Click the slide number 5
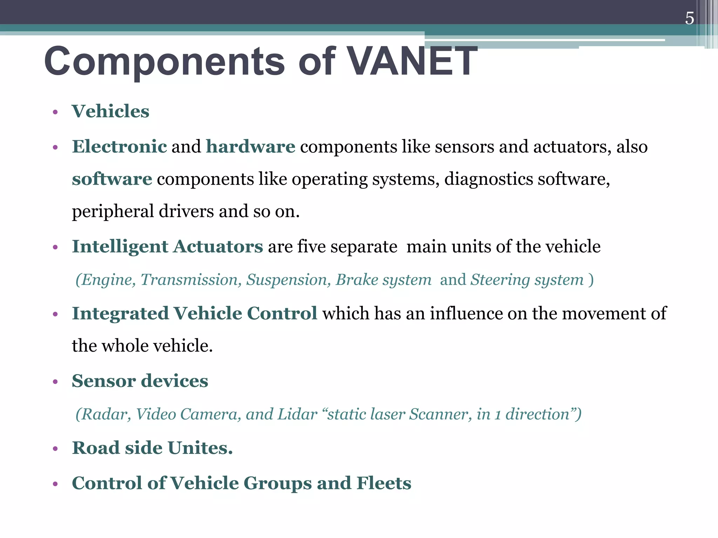pyautogui.click(x=689, y=18)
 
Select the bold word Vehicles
pyautogui.click(x=110, y=111)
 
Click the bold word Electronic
pyautogui.click(x=119, y=146)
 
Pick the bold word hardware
pyautogui.click(x=250, y=146)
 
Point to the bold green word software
pyautogui.click(x=112, y=179)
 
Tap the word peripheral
pyautogui.click(x=113, y=212)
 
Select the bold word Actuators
pyautogui.click(x=218, y=246)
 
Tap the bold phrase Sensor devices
pyautogui.click(x=140, y=381)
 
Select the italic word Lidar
pyautogui.click(x=297, y=414)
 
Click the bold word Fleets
pyautogui.click(x=384, y=483)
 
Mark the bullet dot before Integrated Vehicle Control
pyautogui.click(x=55, y=314)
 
